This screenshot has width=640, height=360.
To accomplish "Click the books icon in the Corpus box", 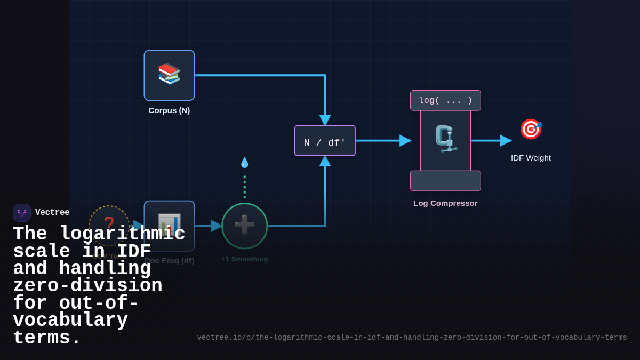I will click(x=169, y=74).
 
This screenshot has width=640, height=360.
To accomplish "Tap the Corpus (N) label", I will click(x=169, y=110).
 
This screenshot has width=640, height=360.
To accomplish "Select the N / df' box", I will click(x=325, y=141).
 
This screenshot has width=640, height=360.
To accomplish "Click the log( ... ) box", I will click(x=445, y=100).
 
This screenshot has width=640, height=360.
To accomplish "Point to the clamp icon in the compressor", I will click(x=445, y=139).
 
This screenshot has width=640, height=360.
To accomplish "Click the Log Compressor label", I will click(x=445, y=203).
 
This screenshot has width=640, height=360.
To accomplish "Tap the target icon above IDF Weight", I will click(x=531, y=129).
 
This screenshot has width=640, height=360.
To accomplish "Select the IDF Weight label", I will click(x=531, y=158).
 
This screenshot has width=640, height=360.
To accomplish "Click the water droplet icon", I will click(x=244, y=162).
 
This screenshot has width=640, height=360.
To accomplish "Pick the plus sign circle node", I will click(x=244, y=226).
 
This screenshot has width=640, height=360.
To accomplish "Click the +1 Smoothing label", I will click(x=244, y=259).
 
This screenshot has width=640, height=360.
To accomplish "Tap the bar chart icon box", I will click(x=169, y=225).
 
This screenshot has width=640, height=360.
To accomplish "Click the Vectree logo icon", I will click(x=22, y=213).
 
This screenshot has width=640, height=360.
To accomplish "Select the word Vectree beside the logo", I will click(x=52, y=213).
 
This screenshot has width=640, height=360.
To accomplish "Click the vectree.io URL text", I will click(x=412, y=338).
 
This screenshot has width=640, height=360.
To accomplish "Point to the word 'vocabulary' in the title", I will click(x=70, y=321).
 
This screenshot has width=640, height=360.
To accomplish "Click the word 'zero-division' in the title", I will click(x=87, y=286).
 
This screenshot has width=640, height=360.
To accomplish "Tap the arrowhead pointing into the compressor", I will click(x=406, y=141).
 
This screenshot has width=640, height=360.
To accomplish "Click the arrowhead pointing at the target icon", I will click(x=506, y=141).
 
